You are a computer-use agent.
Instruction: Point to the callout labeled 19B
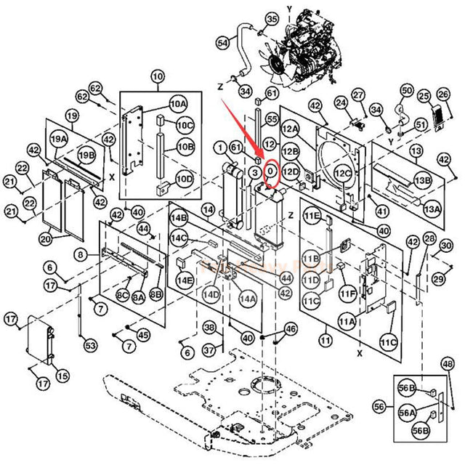click(x=86, y=155)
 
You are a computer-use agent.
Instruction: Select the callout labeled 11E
click(x=312, y=217)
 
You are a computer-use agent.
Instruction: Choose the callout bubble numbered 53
click(x=90, y=344)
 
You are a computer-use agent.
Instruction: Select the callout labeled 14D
click(x=211, y=294)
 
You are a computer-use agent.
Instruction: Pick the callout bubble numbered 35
click(x=251, y=18)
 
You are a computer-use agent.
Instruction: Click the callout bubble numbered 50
click(x=407, y=90)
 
